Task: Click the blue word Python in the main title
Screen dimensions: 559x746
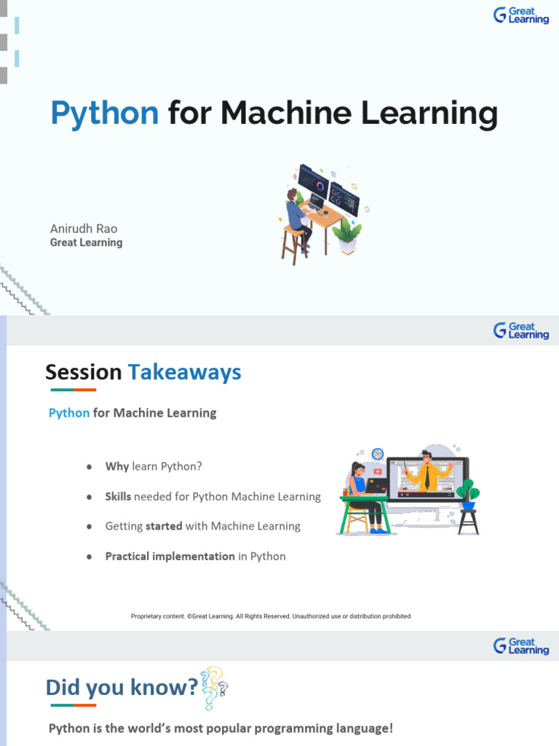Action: coord(105,114)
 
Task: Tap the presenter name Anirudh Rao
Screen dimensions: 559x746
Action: coord(84,229)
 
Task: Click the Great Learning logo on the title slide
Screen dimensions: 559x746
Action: coord(521,15)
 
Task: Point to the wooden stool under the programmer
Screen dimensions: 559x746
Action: coord(295,245)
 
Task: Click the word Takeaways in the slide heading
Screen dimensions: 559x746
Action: coord(185,372)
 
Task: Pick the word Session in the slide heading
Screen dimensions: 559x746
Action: coord(84,372)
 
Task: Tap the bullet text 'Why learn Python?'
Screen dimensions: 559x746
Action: coord(154,466)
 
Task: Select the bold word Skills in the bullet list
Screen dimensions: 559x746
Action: coord(118,496)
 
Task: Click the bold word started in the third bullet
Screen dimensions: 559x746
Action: coord(164,526)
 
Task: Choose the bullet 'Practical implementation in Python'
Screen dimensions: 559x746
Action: coord(195,556)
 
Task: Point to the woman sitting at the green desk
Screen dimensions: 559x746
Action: coord(366,495)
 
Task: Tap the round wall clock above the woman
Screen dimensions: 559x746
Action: coord(378,454)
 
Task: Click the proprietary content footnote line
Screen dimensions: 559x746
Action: coord(271,616)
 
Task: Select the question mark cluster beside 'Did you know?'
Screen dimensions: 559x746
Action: coord(214,688)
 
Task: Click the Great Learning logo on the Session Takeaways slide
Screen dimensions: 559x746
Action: coord(521,331)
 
